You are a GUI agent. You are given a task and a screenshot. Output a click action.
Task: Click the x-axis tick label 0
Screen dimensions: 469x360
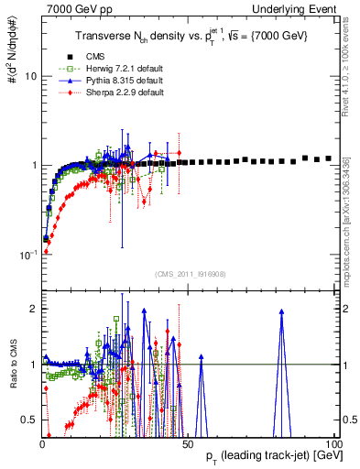click(42, 443)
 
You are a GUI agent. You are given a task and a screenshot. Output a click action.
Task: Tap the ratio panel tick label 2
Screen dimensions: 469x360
click(32, 308)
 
